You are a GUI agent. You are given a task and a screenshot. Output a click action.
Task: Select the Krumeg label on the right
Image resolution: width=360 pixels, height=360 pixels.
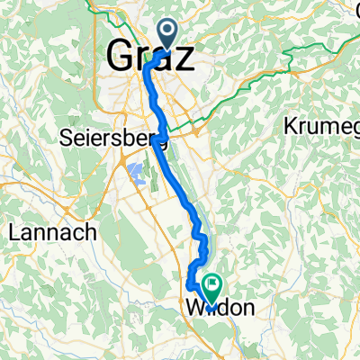pyautogui.click(x=321, y=125)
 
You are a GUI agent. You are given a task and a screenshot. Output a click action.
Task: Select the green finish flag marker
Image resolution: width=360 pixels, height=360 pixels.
pyautogui.click(x=212, y=289)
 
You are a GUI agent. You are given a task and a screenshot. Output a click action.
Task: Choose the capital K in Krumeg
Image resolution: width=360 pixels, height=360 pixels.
pyautogui.click(x=292, y=125)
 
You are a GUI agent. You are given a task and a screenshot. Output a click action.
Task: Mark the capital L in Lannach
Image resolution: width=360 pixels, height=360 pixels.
pyautogui.click(x=13, y=231)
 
